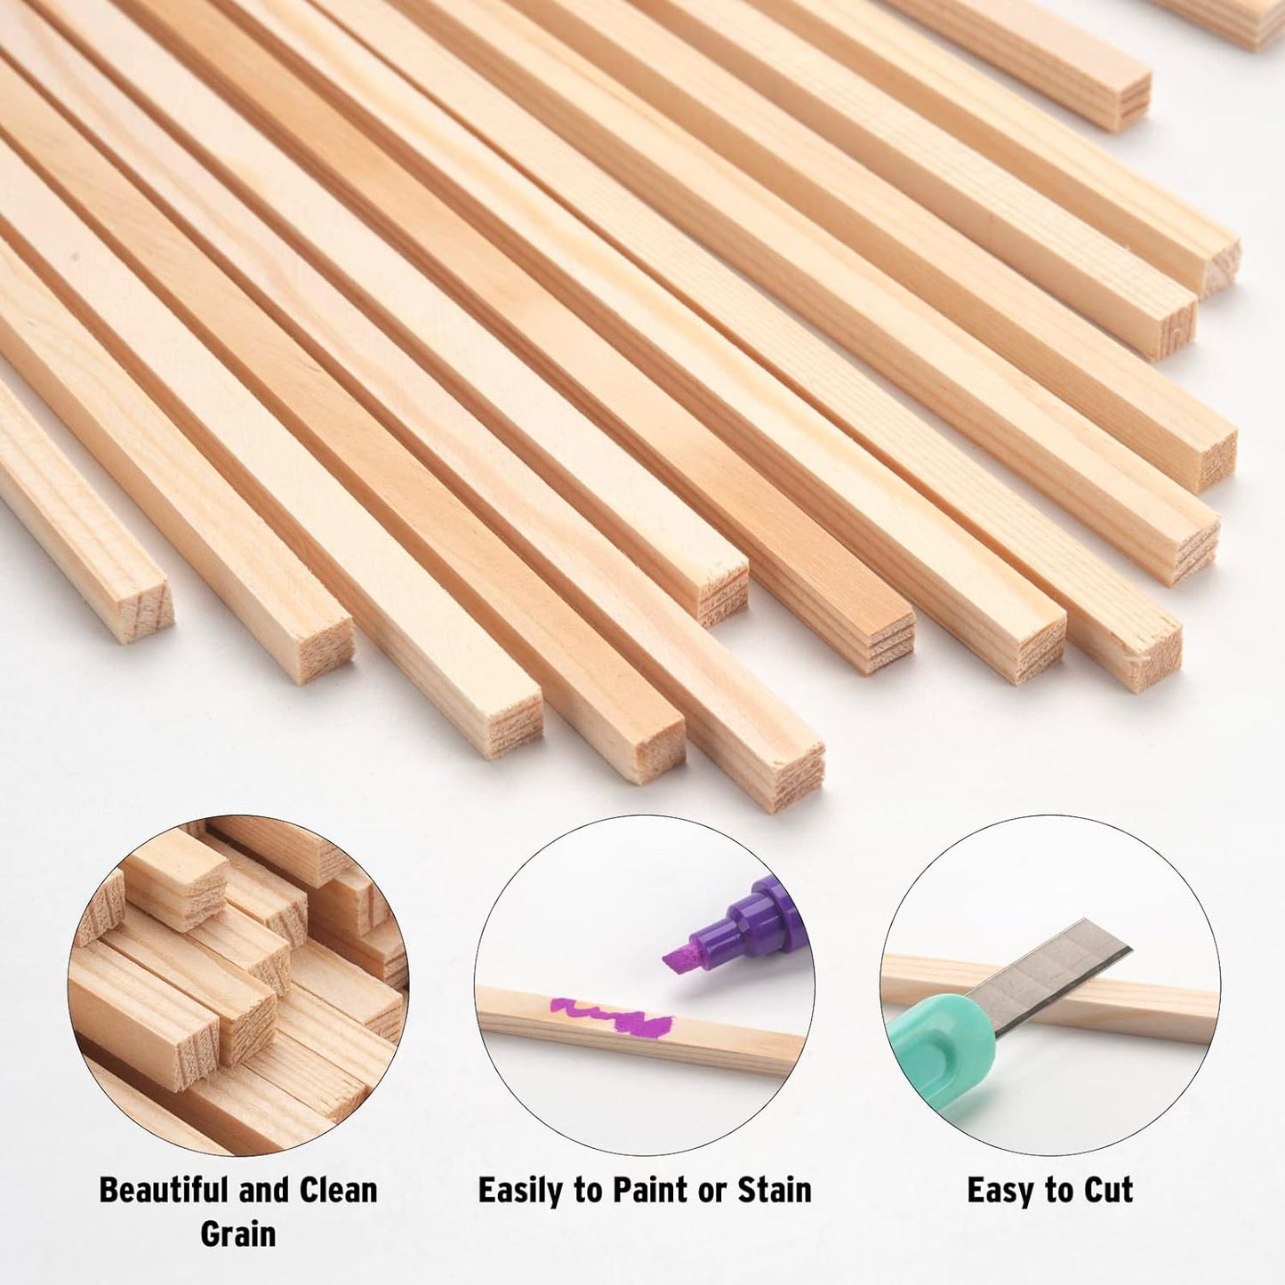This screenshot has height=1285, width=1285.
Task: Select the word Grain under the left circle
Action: (x=237, y=1233)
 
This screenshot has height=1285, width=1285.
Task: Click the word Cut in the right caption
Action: (x=1107, y=1190)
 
